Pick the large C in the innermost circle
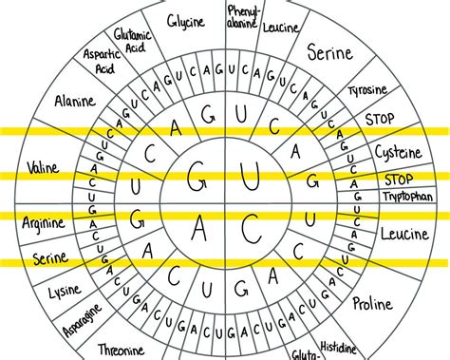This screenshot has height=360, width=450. pyautogui.click(x=251, y=229)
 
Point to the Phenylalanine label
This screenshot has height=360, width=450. pyautogui.click(x=242, y=17)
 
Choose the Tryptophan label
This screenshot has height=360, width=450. pyautogui.click(x=408, y=197)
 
